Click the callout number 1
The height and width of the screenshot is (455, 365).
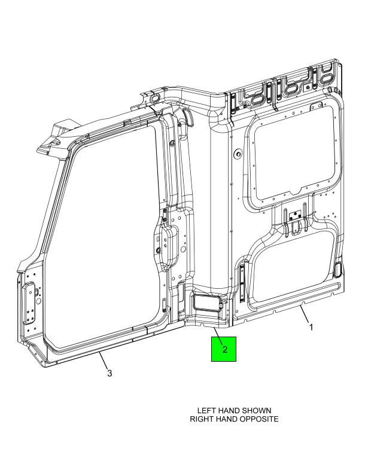point(311,327)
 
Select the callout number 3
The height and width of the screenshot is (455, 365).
point(109,373)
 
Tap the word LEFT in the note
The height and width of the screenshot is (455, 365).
point(206,411)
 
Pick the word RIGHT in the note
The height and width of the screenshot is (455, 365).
point(200,419)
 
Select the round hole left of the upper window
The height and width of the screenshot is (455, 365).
point(238,154)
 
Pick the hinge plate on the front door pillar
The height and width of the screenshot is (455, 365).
point(30,303)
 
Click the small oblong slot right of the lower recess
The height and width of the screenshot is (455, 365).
point(337,269)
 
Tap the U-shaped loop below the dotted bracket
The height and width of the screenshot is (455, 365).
point(295,227)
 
